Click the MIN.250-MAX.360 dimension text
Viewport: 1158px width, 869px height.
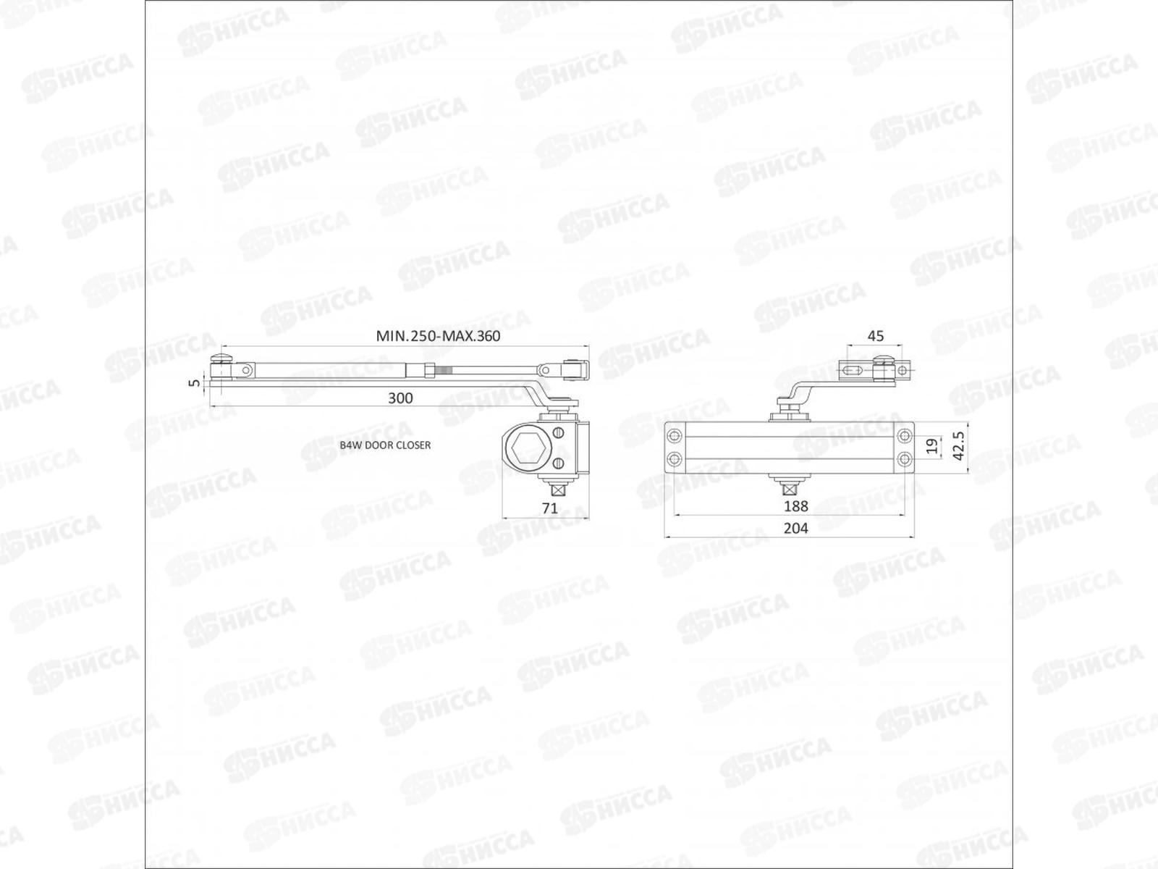(x=438, y=336)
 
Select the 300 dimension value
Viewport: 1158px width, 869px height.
(x=400, y=398)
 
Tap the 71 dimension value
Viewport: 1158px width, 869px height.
(x=550, y=508)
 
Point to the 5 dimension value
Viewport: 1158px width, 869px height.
(x=193, y=382)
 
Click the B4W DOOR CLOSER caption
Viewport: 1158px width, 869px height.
(x=385, y=445)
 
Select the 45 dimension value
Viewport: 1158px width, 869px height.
(x=876, y=336)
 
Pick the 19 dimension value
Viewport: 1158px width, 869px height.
(x=933, y=445)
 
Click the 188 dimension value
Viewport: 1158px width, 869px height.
(x=795, y=506)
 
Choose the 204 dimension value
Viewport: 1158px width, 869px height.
(x=795, y=529)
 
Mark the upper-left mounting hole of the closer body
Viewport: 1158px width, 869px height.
(x=675, y=436)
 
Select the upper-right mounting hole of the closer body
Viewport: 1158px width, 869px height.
(x=904, y=436)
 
